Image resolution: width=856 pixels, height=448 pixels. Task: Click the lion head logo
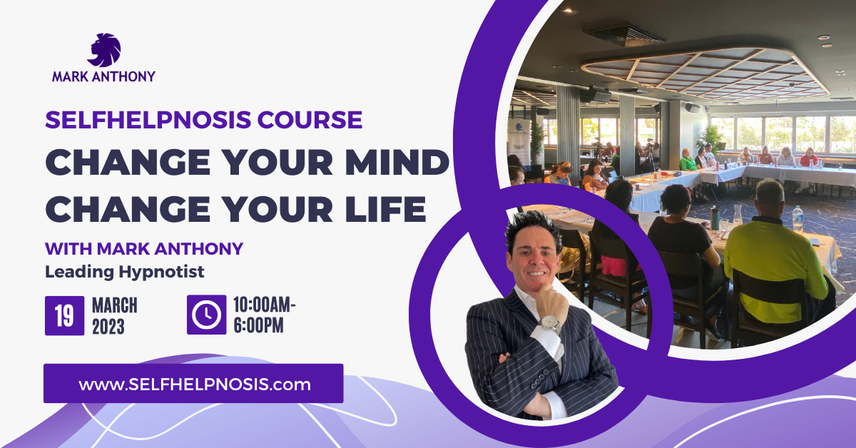click(104, 50)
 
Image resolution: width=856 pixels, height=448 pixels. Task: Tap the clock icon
click(206, 315)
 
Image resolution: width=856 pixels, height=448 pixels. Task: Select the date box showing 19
click(65, 316)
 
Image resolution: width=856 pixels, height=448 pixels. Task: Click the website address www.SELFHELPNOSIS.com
click(195, 385)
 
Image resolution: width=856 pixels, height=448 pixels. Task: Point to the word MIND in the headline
click(397, 162)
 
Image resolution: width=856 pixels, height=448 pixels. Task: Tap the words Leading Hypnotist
click(125, 273)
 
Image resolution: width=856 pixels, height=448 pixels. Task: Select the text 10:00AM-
click(265, 305)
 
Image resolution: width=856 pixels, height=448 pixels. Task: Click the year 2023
click(108, 327)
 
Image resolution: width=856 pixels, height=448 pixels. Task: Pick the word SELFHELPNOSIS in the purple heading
click(148, 120)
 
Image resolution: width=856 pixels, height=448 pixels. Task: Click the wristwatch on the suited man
click(549, 323)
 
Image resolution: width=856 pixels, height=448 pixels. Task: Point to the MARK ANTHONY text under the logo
click(103, 76)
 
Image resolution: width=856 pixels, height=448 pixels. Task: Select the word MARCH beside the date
click(115, 305)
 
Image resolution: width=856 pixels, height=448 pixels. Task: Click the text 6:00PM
click(259, 325)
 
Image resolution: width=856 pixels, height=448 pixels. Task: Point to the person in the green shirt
click(688, 161)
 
